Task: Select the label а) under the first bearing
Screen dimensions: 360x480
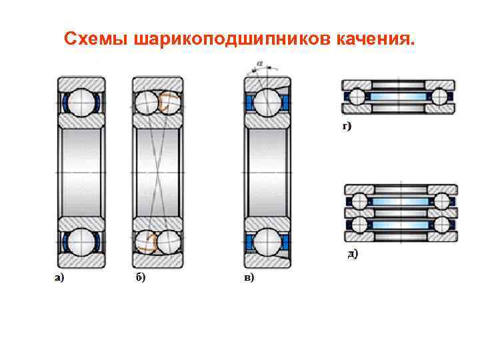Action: click(x=59, y=277)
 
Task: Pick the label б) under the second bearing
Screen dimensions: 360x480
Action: click(x=140, y=277)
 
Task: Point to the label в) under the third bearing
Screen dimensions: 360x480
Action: click(x=249, y=277)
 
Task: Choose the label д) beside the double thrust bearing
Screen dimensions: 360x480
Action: click(x=353, y=253)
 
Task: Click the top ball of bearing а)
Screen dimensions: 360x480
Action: click(x=81, y=103)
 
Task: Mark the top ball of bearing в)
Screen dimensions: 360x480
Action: click(x=267, y=103)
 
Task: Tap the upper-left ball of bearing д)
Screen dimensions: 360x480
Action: click(x=361, y=201)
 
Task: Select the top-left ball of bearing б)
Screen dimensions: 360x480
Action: click(x=147, y=103)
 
